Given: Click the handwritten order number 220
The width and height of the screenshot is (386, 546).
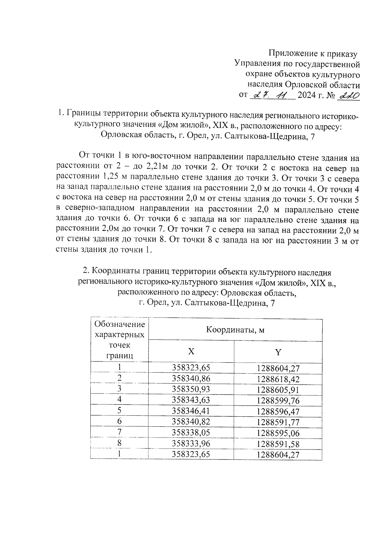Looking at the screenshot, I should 348,96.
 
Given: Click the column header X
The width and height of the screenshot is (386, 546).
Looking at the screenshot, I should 191,351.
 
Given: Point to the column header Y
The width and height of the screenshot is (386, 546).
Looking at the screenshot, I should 278,352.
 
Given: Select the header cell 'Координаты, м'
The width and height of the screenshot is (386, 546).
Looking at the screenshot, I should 235,330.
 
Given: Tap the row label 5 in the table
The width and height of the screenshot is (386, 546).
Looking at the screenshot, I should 120,411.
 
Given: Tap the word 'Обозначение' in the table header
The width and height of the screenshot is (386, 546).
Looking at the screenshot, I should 120,324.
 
